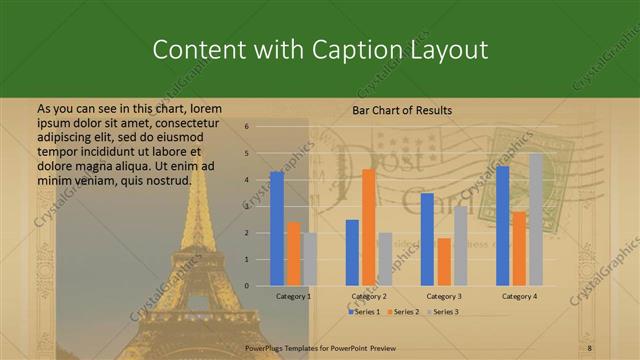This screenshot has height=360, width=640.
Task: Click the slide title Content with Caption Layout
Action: point(319,50)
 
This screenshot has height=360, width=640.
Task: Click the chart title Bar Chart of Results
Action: point(402,110)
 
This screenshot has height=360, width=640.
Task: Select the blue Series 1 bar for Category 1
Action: point(277,228)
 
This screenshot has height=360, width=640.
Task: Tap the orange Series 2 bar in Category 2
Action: point(368,227)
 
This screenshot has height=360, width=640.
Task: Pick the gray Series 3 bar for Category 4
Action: point(536,219)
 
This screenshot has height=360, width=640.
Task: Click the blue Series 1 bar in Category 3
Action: point(427,239)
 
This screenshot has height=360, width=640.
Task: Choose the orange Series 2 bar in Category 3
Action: point(444,262)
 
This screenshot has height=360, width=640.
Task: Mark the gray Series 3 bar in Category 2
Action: point(385,259)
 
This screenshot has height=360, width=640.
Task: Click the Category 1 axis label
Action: point(294,296)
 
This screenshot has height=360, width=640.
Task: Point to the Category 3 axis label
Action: point(444,296)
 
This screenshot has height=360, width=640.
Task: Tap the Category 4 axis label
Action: point(519,296)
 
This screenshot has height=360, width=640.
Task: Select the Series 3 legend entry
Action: point(445,312)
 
